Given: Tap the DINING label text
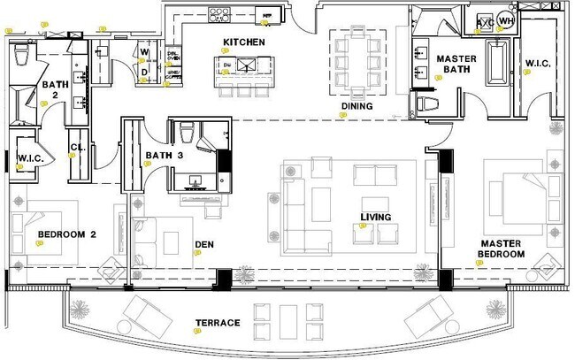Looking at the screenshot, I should click(356, 106).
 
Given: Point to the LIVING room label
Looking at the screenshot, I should click(375, 217).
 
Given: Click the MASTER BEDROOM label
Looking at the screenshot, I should click(502, 249).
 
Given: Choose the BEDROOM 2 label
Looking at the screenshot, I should click(65, 234).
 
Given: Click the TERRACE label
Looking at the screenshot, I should click(218, 323).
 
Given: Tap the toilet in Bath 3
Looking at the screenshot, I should click(187, 133).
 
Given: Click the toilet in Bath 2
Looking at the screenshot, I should click(24, 56).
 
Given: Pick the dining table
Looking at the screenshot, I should click(356, 56).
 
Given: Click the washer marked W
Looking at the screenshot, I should click(143, 53).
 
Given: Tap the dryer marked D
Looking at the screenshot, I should click(143, 73).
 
